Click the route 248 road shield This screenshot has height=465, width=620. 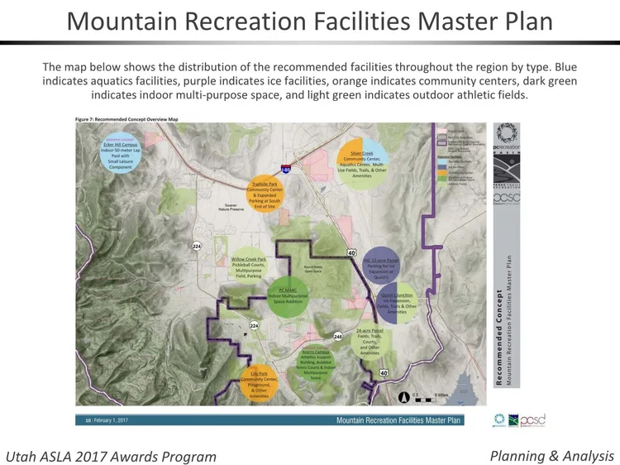point(337,337)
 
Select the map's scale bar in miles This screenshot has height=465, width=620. point(431,397)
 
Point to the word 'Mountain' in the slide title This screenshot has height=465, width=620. point(125,21)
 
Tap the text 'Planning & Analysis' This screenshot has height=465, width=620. point(551,456)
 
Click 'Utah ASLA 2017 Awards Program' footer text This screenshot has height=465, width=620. point(111,457)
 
